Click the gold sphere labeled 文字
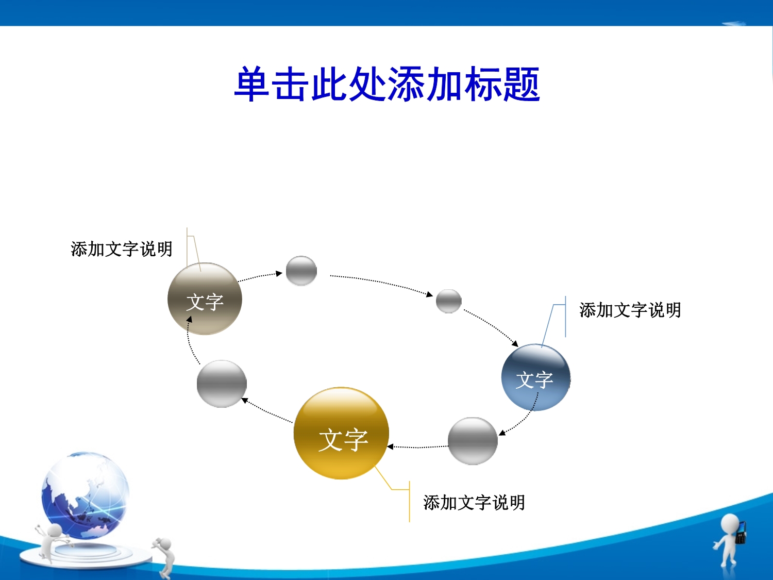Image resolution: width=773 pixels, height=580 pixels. point(341,433)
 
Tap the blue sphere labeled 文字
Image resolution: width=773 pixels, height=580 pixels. point(535,377)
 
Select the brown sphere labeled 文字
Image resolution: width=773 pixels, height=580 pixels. point(205,299)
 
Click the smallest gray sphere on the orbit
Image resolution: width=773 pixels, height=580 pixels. point(449,301)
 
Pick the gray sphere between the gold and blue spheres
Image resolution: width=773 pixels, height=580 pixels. point(473,441)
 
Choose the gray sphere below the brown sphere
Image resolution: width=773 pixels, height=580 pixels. point(222,384)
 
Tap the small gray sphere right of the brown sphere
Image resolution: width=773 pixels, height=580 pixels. point(301,271)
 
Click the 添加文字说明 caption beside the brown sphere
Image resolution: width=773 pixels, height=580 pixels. point(122,249)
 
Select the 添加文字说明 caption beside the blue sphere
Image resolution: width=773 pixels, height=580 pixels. point(630,310)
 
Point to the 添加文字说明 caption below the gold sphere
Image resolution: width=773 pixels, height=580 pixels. point(474,503)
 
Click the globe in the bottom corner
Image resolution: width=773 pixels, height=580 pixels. point(85,495)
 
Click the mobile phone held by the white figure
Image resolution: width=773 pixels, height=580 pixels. point(741,532)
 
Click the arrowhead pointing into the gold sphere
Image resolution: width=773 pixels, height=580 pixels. point(390,446)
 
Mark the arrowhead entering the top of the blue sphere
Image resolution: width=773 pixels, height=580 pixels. point(515,344)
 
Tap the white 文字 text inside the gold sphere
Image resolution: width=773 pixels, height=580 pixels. point(343,439)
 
